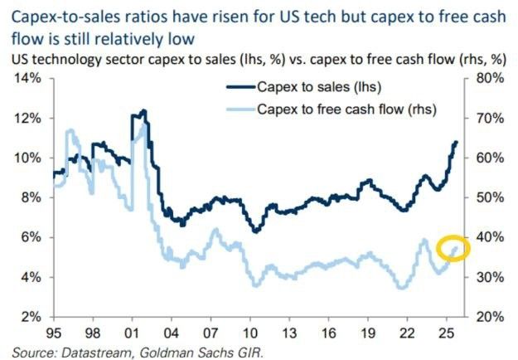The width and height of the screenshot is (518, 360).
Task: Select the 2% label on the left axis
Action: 31,317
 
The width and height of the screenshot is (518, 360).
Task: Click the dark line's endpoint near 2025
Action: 457,143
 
